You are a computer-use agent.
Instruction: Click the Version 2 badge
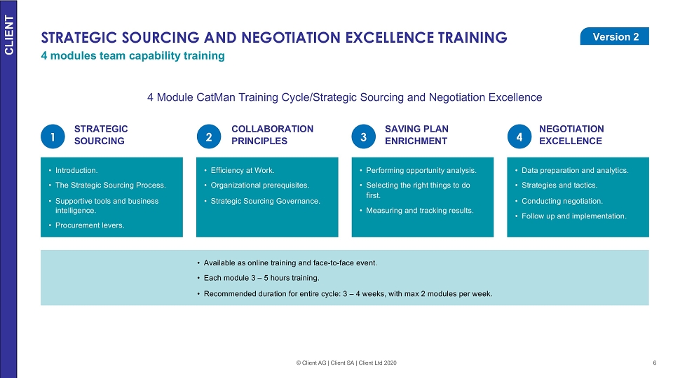(614, 36)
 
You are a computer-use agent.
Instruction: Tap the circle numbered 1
(53, 136)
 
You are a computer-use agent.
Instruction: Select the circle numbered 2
(209, 136)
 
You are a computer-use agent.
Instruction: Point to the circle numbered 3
(364, 136)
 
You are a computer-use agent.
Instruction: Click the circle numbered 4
(519, 136)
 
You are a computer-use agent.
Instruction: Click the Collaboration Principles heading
(272, 135)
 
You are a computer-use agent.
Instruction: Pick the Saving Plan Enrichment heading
(416, 135)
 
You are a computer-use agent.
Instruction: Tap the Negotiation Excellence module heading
(571, 135)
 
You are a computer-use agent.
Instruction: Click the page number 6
(655, 363)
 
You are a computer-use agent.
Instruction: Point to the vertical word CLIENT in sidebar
(9, 35)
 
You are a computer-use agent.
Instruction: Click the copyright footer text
(346, 363)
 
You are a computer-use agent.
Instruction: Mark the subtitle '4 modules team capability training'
(132, 56)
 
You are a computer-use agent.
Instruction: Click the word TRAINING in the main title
(473, 38)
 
